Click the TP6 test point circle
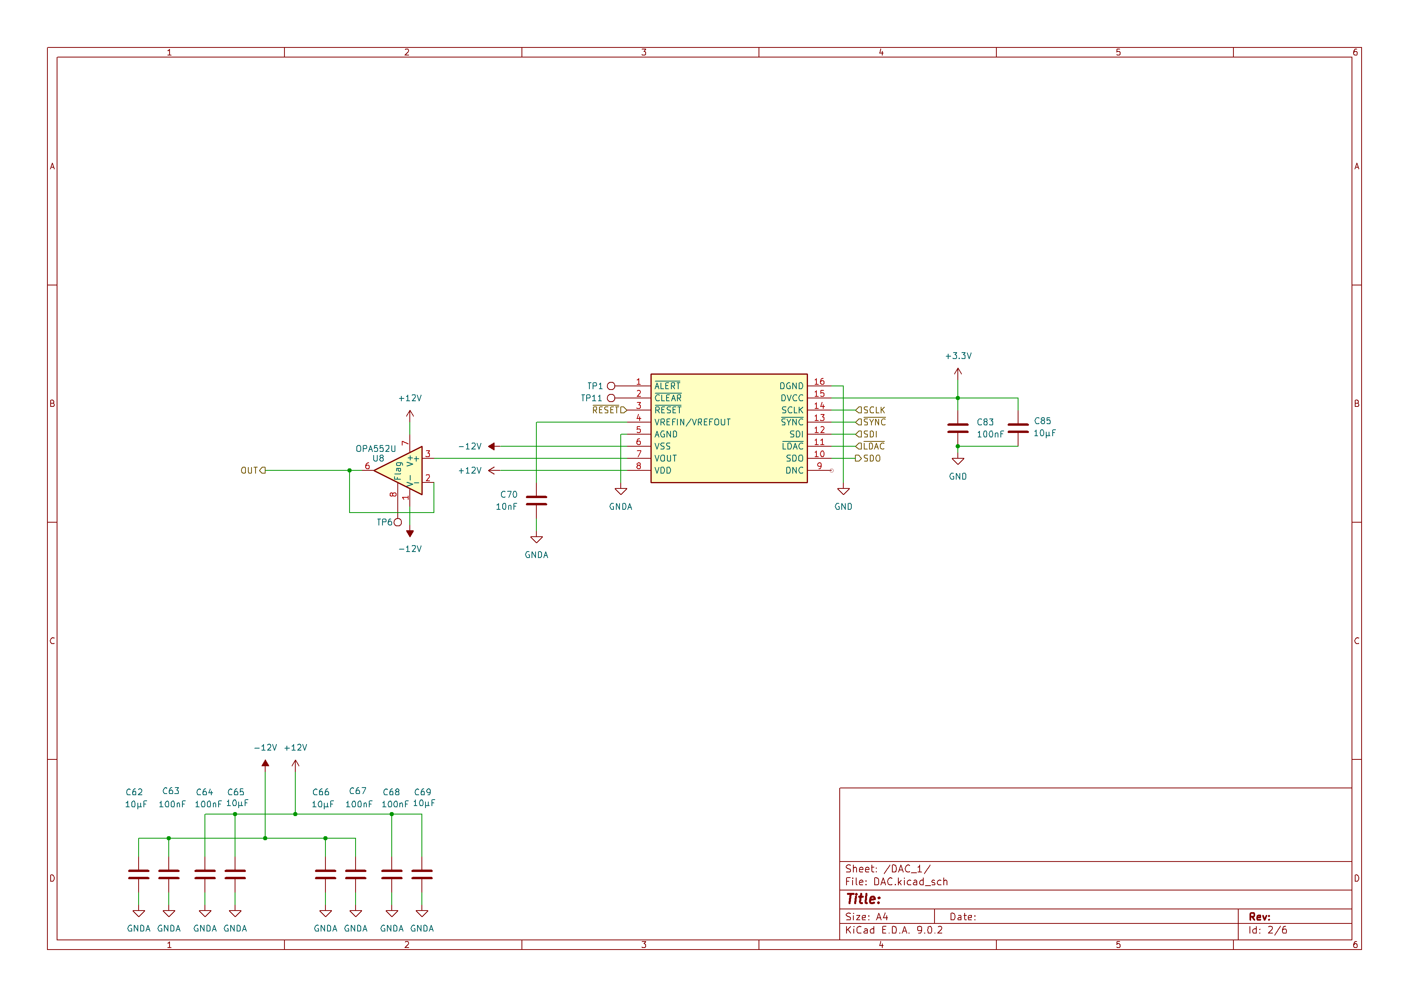398,523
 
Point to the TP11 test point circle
611,398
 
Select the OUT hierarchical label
253,470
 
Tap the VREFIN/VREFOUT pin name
692,423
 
